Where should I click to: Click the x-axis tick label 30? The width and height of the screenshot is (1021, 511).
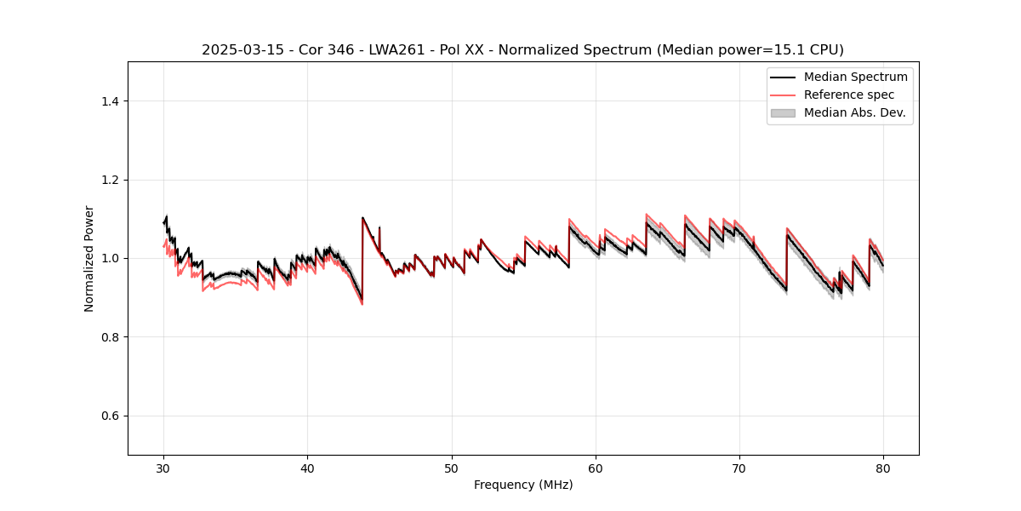[163, 468]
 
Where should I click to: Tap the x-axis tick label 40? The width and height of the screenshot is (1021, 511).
[307, 468]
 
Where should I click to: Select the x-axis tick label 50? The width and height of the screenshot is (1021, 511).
[452, 468]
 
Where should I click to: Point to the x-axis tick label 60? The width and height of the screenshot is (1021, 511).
[596, 468]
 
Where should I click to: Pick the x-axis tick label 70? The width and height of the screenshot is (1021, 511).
[739, 468]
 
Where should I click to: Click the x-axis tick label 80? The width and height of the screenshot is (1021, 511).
[883, 468]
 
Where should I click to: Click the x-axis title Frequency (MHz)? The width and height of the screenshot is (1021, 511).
[523, 485]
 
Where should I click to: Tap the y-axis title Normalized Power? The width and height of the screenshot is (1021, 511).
[89, 258]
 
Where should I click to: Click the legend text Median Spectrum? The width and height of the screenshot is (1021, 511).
[855, 77]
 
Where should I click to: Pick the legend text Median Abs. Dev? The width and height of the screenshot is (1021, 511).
[854, 112]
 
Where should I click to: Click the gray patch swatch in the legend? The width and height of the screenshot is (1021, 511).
[783, 112]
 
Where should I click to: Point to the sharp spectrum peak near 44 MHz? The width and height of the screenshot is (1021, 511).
[362, 218]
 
